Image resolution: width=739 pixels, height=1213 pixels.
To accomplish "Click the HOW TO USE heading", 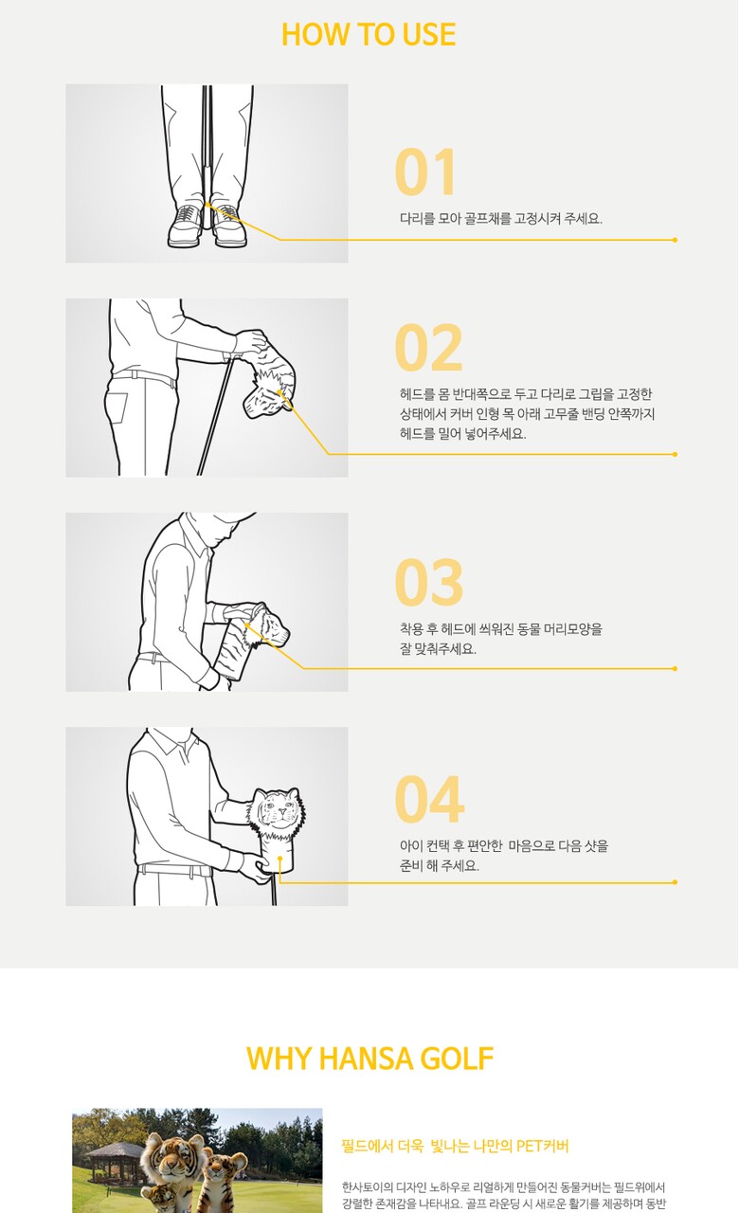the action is coord(369,34).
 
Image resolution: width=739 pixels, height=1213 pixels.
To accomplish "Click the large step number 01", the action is coord(425,172).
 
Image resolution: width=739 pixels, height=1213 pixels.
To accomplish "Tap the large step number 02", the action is coord(428,347).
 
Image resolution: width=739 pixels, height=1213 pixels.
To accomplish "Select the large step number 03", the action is coord(428,582).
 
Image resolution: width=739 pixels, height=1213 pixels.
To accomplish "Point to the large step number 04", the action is coord(429,798).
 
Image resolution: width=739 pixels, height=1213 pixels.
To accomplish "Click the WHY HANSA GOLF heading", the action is coord(369,1059).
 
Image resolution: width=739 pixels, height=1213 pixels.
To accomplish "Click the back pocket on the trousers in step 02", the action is coord(116,407).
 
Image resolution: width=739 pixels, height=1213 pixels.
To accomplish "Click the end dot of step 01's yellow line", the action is coord(675,240).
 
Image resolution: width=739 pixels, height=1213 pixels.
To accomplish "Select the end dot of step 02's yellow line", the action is coord(675,454).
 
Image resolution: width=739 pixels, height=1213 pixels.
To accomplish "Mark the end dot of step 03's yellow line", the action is coord(675,669).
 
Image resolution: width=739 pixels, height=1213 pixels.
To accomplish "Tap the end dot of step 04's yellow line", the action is coord(675,882).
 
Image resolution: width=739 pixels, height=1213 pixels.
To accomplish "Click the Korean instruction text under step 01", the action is coord(501,219).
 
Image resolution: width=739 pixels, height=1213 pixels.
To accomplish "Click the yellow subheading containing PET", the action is coord(455,1146).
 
